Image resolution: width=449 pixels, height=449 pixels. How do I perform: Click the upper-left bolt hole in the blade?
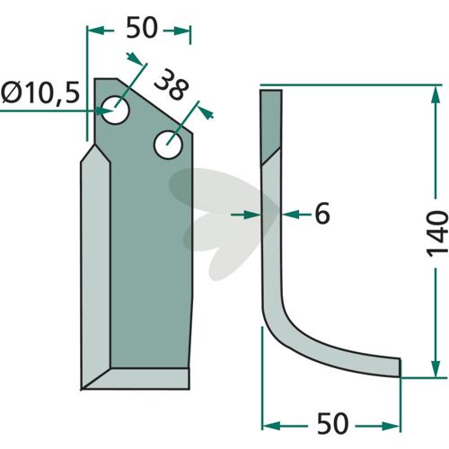click(x=116, y=110)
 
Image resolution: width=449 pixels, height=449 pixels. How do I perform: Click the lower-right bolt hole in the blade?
click(x=169, y=145)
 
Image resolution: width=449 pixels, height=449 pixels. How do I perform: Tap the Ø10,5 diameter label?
click(x=40, y=92)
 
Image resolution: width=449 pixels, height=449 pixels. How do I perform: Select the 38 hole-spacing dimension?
click(x=172, y=84)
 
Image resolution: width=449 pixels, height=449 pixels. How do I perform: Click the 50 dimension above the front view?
click(x=142, y=28)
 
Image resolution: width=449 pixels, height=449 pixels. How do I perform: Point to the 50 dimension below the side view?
click(x=332, y=423)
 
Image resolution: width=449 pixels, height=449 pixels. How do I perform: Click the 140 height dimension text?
click(x=437, y=234)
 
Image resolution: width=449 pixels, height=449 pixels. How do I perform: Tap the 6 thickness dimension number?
click(x=322, y=214)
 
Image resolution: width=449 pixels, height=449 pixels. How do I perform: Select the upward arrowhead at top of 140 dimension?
click(x=436, y=96)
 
